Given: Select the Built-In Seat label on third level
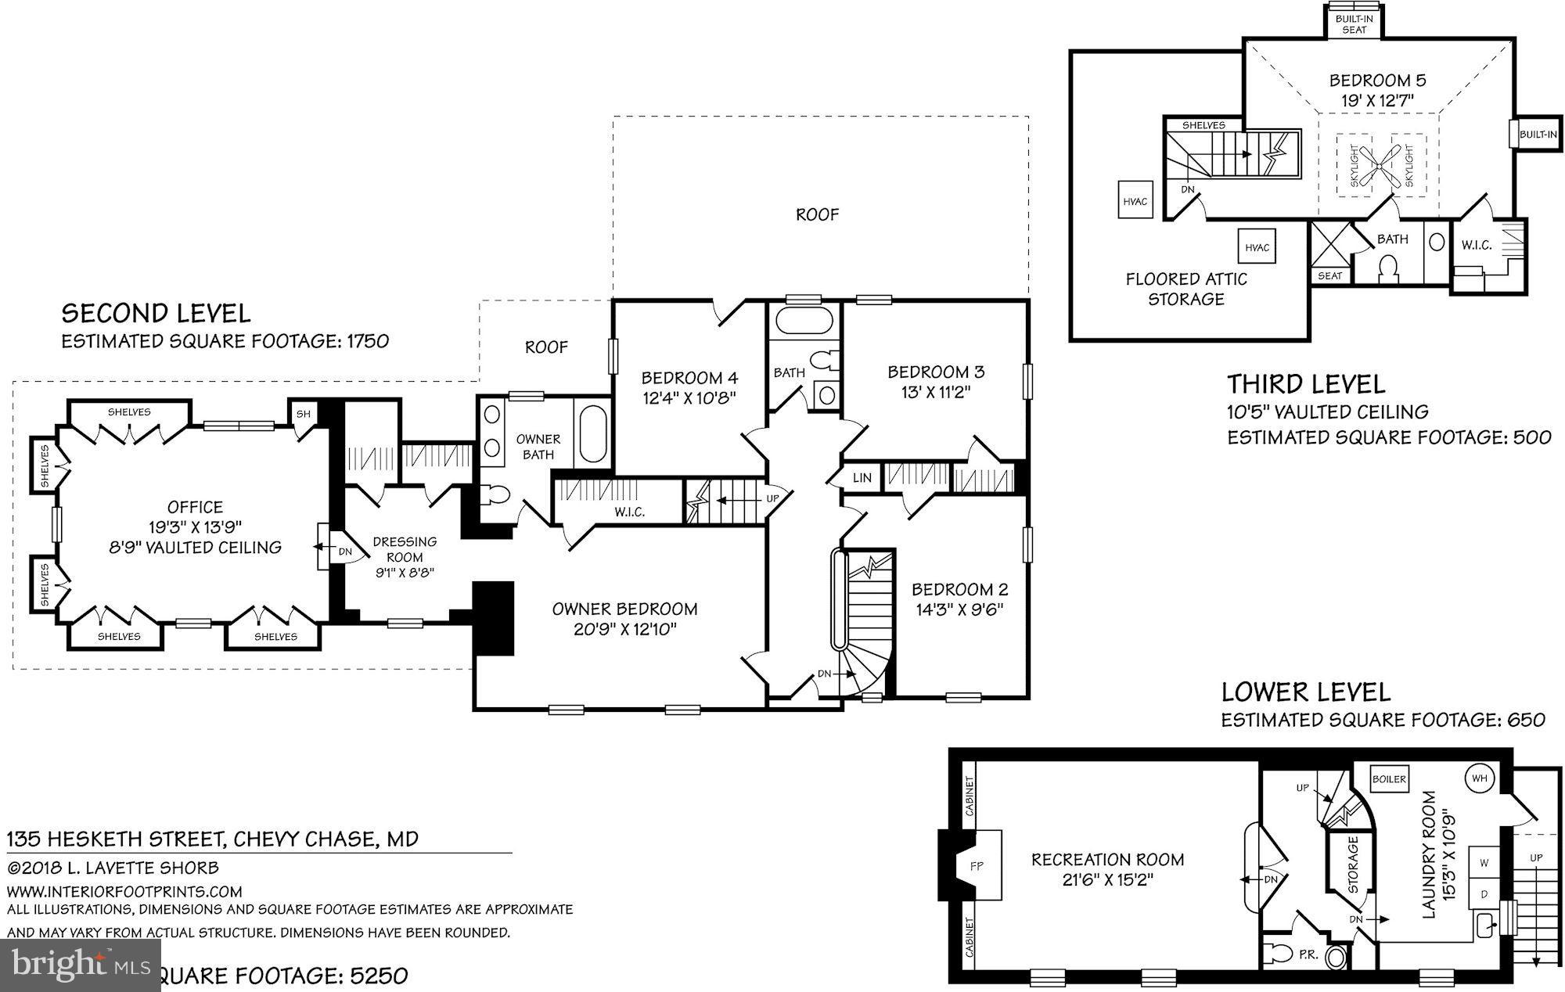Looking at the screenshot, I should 1355,23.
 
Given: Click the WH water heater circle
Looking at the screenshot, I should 1479,778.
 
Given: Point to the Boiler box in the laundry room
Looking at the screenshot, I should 1390,779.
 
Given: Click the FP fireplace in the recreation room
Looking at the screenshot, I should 976,865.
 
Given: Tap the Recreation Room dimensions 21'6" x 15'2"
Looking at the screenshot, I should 1107,879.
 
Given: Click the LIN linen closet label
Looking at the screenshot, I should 862,477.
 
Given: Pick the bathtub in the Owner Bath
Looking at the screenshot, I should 593,433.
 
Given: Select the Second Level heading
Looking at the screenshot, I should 156,314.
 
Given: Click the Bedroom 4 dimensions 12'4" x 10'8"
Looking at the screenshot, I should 689,397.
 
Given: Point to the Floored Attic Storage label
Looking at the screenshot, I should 1185,289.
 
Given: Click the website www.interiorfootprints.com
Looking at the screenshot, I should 124,891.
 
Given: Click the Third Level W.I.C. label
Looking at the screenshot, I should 1476,245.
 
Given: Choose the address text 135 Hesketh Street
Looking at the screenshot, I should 117,839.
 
